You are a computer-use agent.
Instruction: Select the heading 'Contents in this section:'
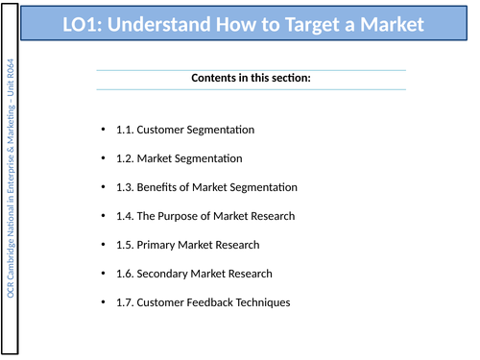click(251, 78)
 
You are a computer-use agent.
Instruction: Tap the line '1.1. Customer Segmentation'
click(184, 130)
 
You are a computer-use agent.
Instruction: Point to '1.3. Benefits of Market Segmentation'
click(206, 187)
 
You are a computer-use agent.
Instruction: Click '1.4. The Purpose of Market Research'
click(205, 216)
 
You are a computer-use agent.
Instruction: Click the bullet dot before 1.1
click(103, 130)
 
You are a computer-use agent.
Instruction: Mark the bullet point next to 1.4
click(103, 216)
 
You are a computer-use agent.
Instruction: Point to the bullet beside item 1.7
click(103, 302)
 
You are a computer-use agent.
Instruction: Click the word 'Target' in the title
click(306, 24)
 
